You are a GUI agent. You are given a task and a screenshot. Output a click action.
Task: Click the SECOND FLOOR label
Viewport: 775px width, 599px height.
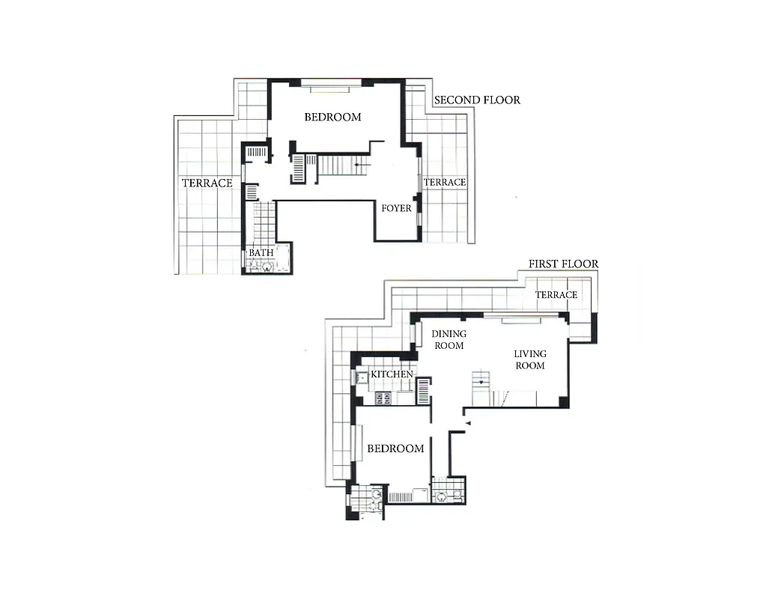pyautogui.click(x=476, y=100)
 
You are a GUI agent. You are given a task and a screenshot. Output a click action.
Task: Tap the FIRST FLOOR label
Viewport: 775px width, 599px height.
pyautogui.click(x=563, y=264)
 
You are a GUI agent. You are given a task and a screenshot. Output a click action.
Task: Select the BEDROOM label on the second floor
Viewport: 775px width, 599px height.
pyautogui.click(x=332, y=117)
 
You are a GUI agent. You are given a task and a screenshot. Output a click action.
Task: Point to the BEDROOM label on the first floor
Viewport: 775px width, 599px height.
pyautogui.click(x=395, y=449)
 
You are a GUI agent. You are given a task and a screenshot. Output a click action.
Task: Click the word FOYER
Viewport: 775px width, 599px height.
pyautogui.click(x=396, y=208)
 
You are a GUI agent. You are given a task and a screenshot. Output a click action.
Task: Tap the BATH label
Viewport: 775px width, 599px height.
pyautogui.click(x=261, y=253)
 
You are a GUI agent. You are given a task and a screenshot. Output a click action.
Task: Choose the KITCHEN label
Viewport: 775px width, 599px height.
pyautogui.click(x=392, y=374)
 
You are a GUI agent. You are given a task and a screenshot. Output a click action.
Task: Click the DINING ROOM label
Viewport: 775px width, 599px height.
pyautogui.click(x=449, y=340)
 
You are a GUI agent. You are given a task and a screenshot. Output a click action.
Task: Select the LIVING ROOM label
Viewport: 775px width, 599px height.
pyautogui.click(x=529, y=359)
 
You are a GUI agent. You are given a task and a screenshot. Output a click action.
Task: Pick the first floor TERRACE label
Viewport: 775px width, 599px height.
pyautogui.click(x=556, y=295)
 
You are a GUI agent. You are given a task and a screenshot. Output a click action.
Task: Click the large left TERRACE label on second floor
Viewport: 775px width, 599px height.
pyautogui.click(x=207, y=183)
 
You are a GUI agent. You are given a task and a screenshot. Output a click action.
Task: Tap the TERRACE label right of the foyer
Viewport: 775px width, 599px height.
pyautogui.click(x=445, y=182)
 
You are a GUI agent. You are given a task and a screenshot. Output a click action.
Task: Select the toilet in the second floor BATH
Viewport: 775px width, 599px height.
pyautogui.click(x=267, y=266)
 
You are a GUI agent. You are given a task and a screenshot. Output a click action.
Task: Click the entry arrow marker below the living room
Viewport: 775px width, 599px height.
pyautogui.click(x=466, y=424)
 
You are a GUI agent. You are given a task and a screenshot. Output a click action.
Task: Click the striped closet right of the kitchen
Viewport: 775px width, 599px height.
pyautogui.click(x=424, y=391)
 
